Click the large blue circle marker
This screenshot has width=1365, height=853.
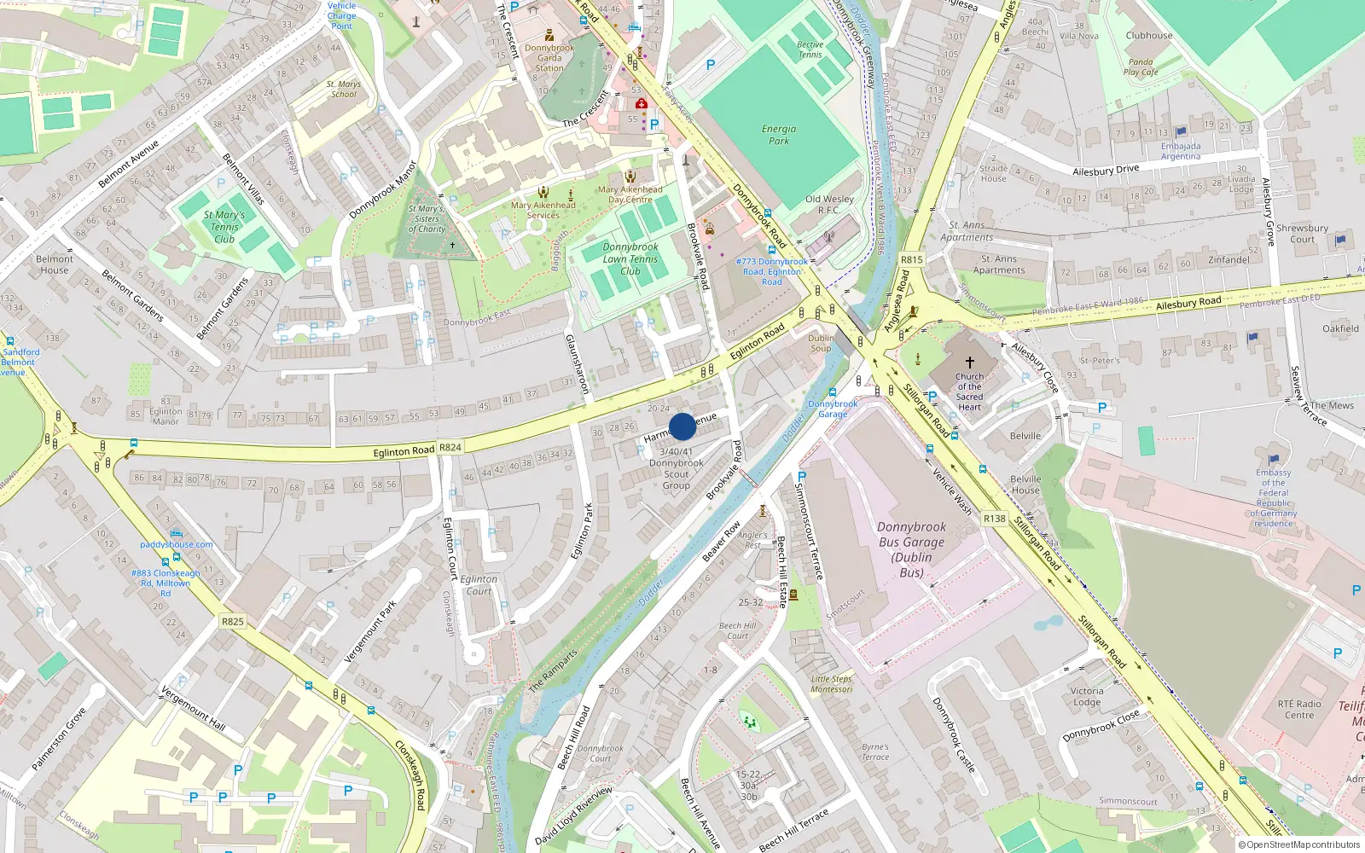(x=682, y=426)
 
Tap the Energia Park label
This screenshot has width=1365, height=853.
(x=778, y=135)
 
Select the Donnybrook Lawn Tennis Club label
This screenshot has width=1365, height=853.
(x=630, y=258)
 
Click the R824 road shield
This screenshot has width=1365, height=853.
(x=450, y=447)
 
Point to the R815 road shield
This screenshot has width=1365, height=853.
(x=911, y=259)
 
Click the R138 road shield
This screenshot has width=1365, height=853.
(x=994, y=518)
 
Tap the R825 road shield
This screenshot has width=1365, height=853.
(x=232, y=621)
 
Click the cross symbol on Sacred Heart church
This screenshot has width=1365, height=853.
(x=969, y=363)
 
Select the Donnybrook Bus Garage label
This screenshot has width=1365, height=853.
(x=911, y=549)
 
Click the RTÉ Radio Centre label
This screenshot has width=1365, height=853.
(x=1299, y=709)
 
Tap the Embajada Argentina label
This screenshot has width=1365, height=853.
(x=1180, y=151)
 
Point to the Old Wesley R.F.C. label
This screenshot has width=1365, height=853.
(x=828, y=204)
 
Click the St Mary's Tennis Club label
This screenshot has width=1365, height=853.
(x=224, y=227)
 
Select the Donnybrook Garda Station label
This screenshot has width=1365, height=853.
(x=549, y=57)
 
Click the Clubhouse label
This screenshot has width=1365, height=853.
(x=1148, y=36)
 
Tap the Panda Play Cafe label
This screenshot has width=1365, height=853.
(x=1141, y=67)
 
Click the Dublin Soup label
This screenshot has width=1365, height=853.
(x=821, y=343)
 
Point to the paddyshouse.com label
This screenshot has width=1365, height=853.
(x=177, y=544)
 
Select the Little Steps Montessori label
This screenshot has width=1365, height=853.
(x=831, y=684)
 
